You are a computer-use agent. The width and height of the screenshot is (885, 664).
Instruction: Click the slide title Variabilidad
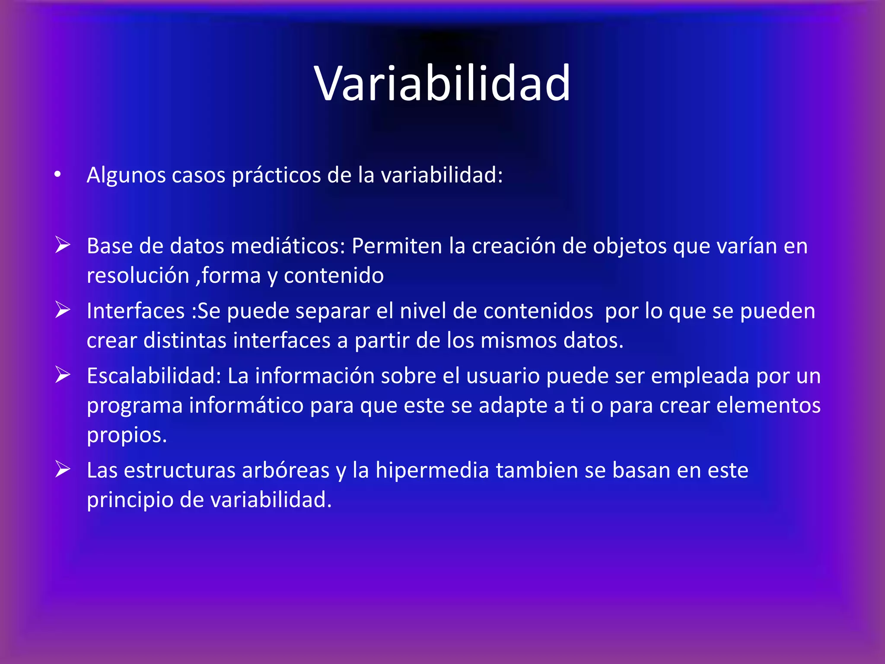point(442,83)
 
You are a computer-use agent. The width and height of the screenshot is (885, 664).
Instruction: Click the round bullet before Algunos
point(57,175)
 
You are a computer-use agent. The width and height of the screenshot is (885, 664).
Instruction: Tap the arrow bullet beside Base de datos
point(63,245)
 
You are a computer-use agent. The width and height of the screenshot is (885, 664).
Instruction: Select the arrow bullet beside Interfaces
point(63,310)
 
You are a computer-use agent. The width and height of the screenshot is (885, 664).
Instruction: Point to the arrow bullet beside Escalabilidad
point(63,375)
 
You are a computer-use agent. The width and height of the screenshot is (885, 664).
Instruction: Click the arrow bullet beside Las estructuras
point(63,469)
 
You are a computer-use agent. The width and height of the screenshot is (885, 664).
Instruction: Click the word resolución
point(138,276)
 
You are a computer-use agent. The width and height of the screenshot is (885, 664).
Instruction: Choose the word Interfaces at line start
point(136,311)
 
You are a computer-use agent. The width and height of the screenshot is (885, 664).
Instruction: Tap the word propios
point(127,435)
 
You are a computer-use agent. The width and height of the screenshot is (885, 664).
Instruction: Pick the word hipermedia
point(432,470)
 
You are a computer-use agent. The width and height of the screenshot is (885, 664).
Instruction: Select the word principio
point(130,500)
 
